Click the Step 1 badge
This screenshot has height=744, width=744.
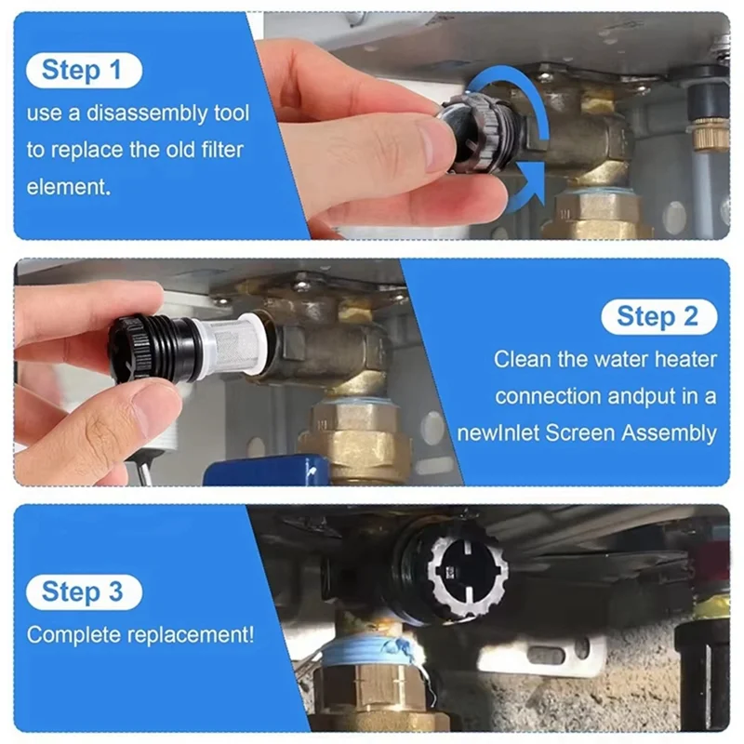pos(84,71)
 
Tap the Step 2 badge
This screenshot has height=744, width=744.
pos(658,316)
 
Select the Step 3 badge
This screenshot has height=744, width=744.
pos(84,591)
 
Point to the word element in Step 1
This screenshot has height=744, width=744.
pos(68,186)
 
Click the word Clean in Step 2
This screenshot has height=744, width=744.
pos(517,359)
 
